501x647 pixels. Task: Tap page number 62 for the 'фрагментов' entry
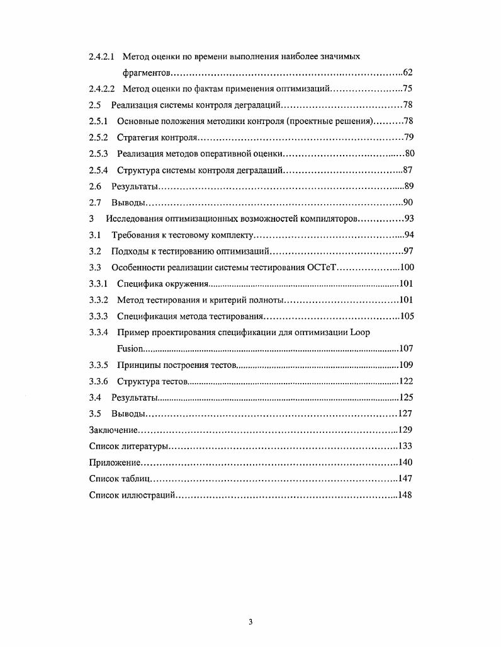(407, 73)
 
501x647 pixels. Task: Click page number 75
(407, 89)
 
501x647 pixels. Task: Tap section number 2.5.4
(98, 170)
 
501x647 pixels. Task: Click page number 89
(408, 186)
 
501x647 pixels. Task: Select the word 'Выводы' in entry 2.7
(128, 203)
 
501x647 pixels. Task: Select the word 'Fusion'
(130, 348)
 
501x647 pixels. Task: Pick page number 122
(406, 381)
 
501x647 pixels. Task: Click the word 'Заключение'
(113, 430)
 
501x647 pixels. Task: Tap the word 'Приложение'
(113, 462)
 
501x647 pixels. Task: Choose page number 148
(405, 495)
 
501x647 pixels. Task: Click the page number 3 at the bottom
(250, 623)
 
